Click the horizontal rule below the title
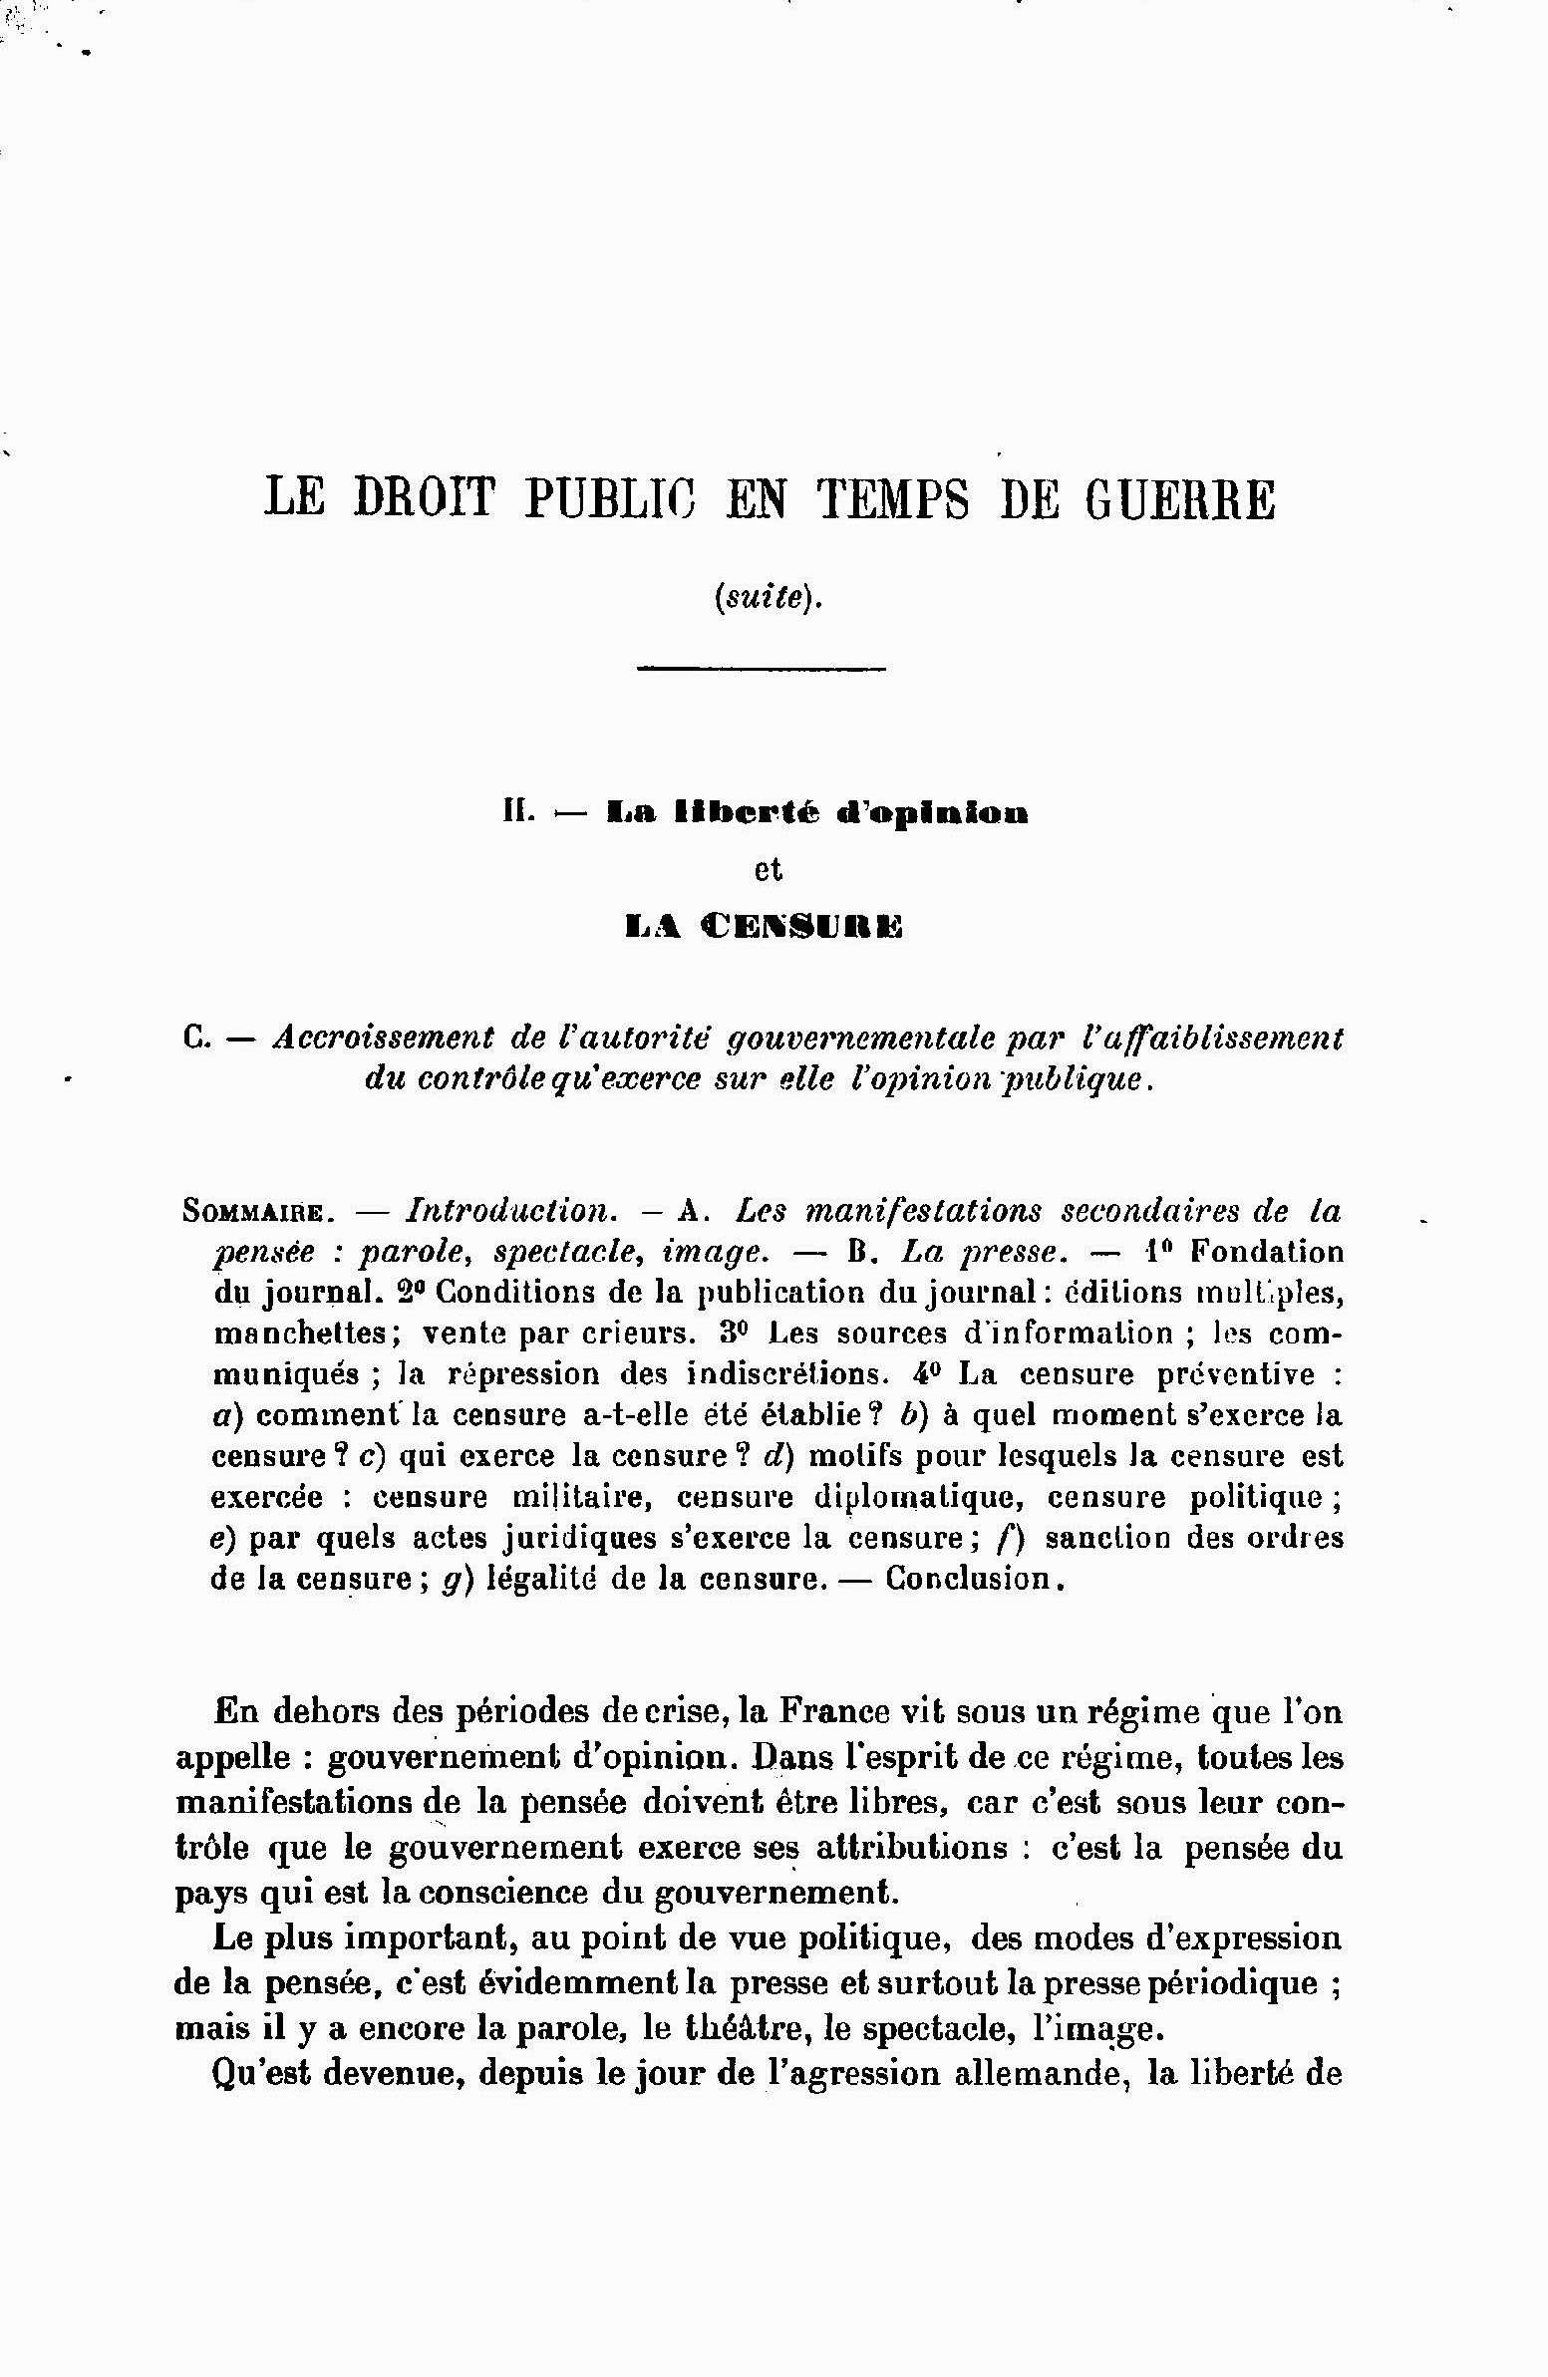click(761, 667)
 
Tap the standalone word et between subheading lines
click(767, 870)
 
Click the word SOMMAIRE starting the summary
click(253, 1213)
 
